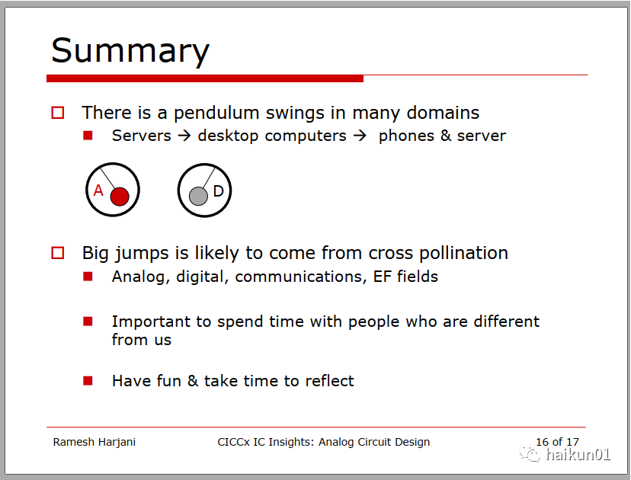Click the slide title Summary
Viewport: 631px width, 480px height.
[x=130, y=51]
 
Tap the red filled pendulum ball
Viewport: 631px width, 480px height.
[x=120, y=197]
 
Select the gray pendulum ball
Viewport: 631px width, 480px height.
[x=198, y=196]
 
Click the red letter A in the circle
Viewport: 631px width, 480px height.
[x=98, y=190]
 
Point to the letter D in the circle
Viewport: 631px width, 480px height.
[x=218, y=190]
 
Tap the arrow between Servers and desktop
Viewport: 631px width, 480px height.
[x=184, y=136]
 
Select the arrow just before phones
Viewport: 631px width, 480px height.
[x=360, y=136]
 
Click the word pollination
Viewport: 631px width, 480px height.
[x=463, y=253]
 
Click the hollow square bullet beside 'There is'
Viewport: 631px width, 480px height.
[x=58, y=113]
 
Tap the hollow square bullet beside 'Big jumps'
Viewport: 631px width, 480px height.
[x=58, y=253]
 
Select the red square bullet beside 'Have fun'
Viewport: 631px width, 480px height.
[x=88, y=381]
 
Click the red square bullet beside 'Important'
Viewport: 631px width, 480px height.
[x=88, y=321]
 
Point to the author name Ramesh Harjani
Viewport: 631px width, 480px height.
[x=94, y=442]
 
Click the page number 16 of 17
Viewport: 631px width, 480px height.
[x=557, y=442]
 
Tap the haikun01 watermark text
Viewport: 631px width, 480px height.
[x=578, y=455]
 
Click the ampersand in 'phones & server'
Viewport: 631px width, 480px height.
[x=446, y=136]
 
